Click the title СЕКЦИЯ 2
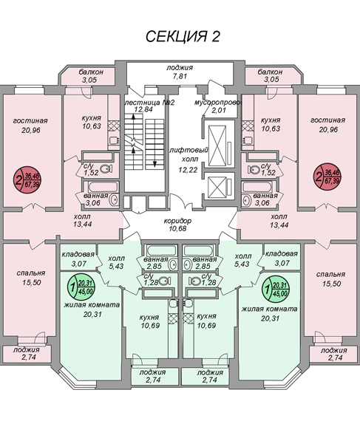pos(183,36)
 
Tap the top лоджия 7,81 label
pos(180,72)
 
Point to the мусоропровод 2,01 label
pos(218,106)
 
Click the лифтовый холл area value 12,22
pos(188,170)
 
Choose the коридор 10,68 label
pos(178,225)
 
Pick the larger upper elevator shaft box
pos(218,146)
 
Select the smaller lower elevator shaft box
pos(217,187)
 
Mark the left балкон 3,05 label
pos(91,76)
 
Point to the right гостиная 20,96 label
pos(327,125)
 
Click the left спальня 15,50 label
pos(31,278)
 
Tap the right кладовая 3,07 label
pos(282,259)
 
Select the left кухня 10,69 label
pos(149,321)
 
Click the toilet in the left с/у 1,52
pos(106,169)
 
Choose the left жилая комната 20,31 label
pos(92,309)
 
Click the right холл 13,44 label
pos(279,221)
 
